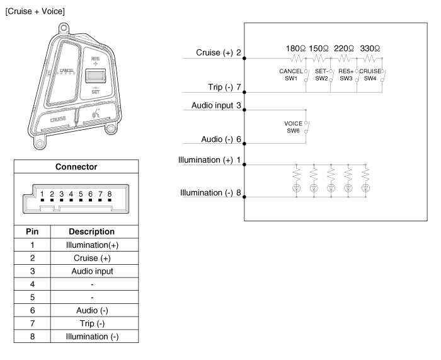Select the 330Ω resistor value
[370, 49]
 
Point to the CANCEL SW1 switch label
[291, 74]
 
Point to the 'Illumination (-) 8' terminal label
[210, 192]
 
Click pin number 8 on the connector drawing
[110, 194]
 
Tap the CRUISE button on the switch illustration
[58, 119]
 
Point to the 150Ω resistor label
[321, 49]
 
